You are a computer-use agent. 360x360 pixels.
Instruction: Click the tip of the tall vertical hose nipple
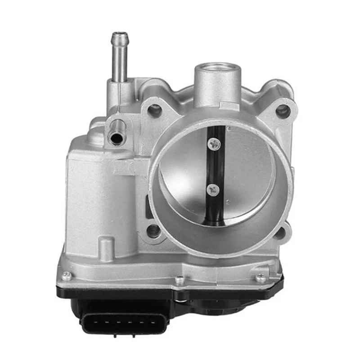click(119, 36)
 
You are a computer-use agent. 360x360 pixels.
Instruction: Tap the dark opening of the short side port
click(117, 138)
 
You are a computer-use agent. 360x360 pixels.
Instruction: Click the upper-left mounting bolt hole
click(154, 110)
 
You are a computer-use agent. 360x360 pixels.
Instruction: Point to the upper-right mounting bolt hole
click(283, 110)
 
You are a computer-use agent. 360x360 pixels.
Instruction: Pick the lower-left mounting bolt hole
click(153, 231)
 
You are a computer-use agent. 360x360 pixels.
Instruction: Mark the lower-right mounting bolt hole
click(280, 232)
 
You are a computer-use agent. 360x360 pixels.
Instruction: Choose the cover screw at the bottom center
click(180, 280)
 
